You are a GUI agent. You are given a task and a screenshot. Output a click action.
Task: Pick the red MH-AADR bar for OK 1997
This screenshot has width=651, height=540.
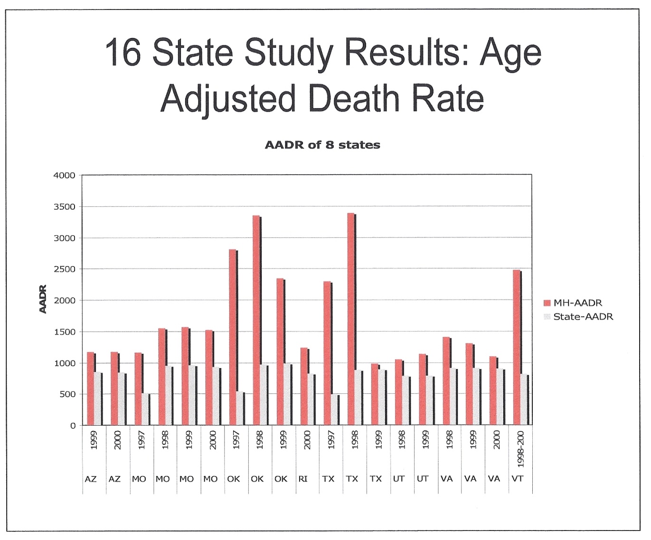point(233,337)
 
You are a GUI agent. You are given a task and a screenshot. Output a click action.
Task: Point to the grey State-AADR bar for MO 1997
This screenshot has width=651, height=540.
point(145,409)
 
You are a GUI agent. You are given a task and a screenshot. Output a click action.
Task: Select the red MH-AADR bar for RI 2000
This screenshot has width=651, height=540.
point(304,386)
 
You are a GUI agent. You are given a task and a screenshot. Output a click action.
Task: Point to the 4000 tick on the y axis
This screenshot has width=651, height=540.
point(64,175)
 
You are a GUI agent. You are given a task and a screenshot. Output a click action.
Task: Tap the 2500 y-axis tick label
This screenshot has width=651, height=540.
point(64,269)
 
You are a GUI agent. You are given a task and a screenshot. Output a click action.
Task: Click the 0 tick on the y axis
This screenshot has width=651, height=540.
point(73,426)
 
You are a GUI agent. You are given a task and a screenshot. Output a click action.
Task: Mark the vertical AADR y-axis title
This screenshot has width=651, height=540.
point(43,299)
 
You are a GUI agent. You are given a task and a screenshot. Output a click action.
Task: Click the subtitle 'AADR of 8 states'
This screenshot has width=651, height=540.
point(322,145)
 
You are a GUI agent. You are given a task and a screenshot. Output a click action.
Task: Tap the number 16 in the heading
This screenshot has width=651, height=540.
point(123,52)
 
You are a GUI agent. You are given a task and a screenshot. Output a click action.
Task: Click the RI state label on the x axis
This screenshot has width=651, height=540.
point(303,479)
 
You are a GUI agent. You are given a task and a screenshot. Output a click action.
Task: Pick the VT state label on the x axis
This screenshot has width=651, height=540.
point(518,479)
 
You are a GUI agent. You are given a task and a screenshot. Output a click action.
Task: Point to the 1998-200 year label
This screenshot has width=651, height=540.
point(520,448)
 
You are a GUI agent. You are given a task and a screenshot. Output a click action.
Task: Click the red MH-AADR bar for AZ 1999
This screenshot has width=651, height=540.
point(90,389)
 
